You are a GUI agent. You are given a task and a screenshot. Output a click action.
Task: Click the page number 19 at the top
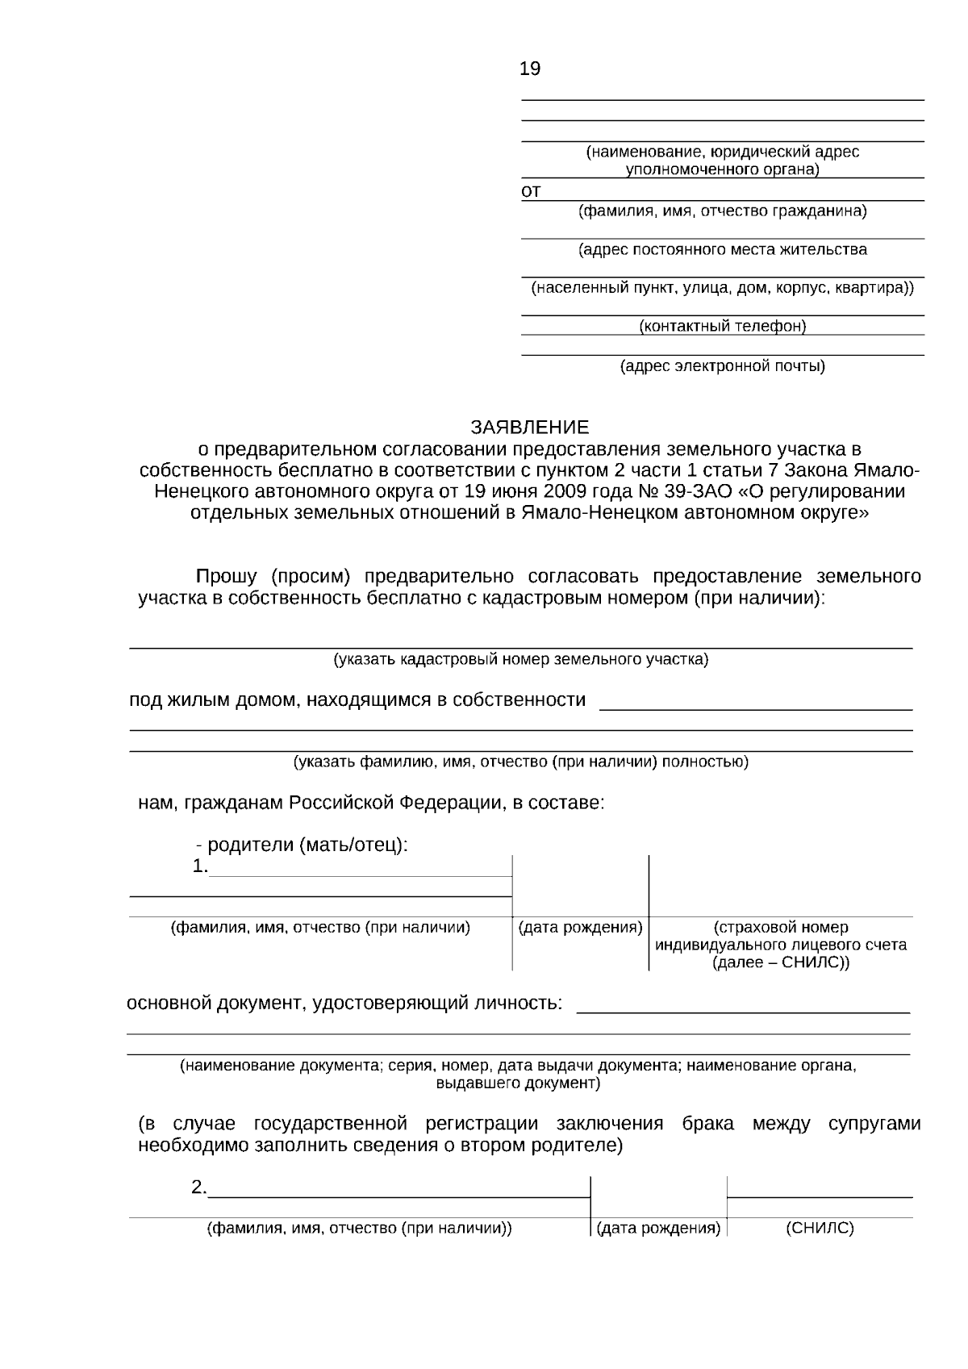pyautogui.click(x=530, y=69)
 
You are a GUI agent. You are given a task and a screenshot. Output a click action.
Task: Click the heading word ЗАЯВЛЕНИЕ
pyautogui.click(x=530, y=427)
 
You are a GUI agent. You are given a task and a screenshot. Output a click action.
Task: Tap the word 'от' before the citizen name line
pyautogui.click(x=531, y=192)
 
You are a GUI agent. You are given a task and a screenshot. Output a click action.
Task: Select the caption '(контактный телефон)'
pyautogui.click(x=722, y=326)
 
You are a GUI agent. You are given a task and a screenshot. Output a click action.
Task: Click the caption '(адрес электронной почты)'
pyautogui.click(x=722, y=367)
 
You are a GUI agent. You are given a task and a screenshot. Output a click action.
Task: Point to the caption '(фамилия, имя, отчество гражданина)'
pyautogui.click(x=722, y=211)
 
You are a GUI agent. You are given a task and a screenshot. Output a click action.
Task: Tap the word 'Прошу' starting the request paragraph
pyautogui.click(x=227, y=577)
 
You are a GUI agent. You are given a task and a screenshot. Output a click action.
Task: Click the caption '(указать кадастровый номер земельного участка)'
pyautogui.click(x=521, y=660)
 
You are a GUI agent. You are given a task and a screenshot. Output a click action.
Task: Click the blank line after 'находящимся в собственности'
pyautogui.click(x=755, y=706)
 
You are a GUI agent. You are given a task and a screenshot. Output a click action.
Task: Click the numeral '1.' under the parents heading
pyautogui.click(x=200, y=867)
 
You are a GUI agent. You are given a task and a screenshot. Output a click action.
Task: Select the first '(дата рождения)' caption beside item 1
pyautogui.click(x=580, y=928)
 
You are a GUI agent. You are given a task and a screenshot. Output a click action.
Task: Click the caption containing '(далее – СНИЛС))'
pyautogui.click(x=781, y=962)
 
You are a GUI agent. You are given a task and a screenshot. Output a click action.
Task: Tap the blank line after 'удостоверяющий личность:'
pyautogui.click(x=743, y=1008)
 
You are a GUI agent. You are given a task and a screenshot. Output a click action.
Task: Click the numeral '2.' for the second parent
pyautogui.click(x=199, y=1187)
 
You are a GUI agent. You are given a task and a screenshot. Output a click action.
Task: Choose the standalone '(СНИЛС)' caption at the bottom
pyautogui.click(x=819, y=1229)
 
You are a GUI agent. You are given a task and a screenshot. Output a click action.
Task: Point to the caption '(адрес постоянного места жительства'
pyautogui.click(x=722, y=250)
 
